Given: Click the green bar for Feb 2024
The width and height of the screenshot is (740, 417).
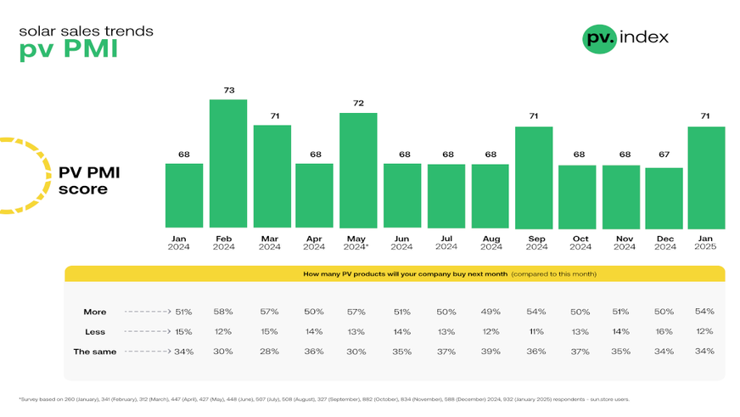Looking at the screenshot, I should click(228, 164).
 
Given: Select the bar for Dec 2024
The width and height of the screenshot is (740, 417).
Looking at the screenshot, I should click(664, 198).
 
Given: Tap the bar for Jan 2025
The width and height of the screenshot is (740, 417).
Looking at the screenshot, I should click(706, 178).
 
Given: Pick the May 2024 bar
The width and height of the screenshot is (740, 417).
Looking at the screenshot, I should click(358, 171).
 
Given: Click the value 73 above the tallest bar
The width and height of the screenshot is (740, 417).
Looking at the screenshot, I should click(228, 89).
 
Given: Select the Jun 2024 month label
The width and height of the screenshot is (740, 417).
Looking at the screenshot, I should click(402, 243).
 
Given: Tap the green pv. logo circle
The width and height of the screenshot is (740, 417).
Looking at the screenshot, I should click(599, 38).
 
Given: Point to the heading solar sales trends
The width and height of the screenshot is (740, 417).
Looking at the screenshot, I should click(87, 31).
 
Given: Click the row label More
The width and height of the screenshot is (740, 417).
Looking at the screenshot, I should click(95, 312).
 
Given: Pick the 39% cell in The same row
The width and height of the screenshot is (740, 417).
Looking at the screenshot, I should click(490, 351).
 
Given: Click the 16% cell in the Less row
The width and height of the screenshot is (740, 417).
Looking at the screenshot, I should click(664, 331).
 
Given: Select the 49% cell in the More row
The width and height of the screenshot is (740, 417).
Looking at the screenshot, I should click(490, 312).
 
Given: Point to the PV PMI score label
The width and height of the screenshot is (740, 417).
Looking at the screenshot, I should click(89, 181).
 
